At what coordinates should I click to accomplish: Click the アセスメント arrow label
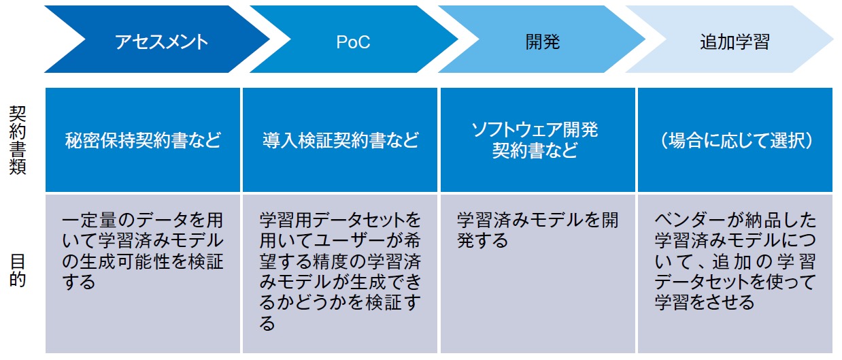point(161,42)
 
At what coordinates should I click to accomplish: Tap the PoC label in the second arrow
point(353,42)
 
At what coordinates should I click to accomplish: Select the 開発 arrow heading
point(543,42)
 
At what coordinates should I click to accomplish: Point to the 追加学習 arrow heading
point(735,42)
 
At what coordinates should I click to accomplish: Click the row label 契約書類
point(17,140)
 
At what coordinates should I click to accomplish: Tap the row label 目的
point(17,270)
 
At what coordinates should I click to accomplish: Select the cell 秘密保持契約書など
point(143,140)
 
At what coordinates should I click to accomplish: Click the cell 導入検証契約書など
point(340,140)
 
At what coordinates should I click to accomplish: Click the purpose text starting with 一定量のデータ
point(143,251)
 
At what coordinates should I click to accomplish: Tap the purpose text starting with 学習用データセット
point(340,272)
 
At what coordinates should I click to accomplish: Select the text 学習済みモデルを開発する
point(538,230)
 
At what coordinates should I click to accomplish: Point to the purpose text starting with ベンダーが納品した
point(735,261)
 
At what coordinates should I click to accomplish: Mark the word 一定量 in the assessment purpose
point(88,220)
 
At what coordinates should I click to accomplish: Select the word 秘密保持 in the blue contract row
point(99,140)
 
